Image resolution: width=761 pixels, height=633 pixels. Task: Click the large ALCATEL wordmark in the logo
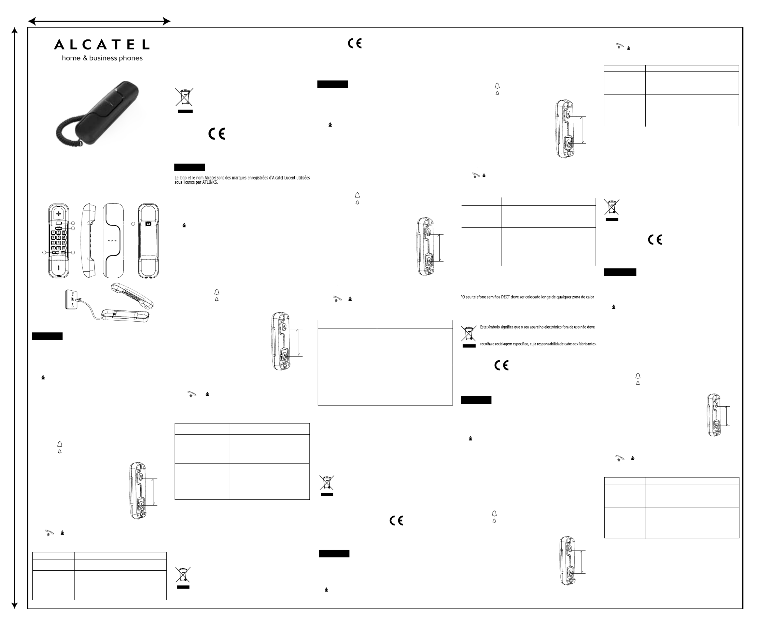point(102,45)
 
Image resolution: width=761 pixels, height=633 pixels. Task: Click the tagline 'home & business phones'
point(102,58)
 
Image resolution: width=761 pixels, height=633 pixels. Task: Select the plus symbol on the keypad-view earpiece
point(59,214)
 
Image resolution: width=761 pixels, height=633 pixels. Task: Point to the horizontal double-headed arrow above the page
point(99,21)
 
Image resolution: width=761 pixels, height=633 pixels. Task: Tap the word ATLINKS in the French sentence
point(210,182)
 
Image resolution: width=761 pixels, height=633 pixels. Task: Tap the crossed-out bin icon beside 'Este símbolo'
point(469,333)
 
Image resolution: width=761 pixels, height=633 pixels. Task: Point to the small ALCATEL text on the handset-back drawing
point(113,240)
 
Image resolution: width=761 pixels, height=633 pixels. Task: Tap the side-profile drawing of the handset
point(89,240)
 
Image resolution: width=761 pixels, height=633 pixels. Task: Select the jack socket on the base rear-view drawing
point(148,224)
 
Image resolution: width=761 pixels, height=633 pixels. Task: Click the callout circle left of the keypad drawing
point(44,252)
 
